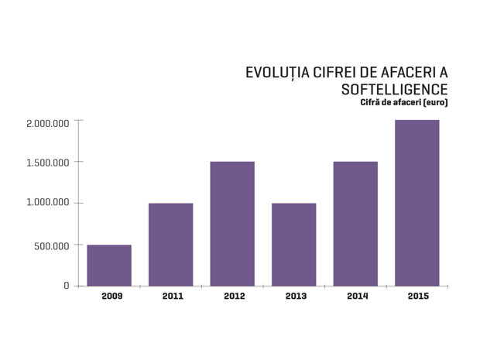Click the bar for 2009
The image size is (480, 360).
(x=109, y=266)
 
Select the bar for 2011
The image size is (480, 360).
(x=171, y=245)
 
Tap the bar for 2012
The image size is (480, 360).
(x=232, y=224)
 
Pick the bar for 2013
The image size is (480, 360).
(x=294, y=245)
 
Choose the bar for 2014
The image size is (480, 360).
(x=355, y=224)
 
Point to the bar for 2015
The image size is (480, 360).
(x=417, y=203)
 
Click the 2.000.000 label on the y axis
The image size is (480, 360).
(x=48, y=124)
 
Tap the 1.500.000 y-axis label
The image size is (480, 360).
(x=48, y=163)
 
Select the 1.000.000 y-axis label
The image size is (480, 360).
(x=48, y=202)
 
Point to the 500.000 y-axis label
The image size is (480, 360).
(x=52, y=246)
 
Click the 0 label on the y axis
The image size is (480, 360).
(x=67, y=286)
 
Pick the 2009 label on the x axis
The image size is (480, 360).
(x=112, y=296)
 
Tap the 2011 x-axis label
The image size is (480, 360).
(x=173, y=296)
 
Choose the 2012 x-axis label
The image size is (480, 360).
(x=235, y=296)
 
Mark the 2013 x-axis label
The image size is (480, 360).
(x=296, y=296)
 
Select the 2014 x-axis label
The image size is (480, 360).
(x=358, y=296)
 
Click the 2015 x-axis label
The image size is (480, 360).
(x=419, y=296)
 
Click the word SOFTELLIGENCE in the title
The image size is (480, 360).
(x=395, y=90)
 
